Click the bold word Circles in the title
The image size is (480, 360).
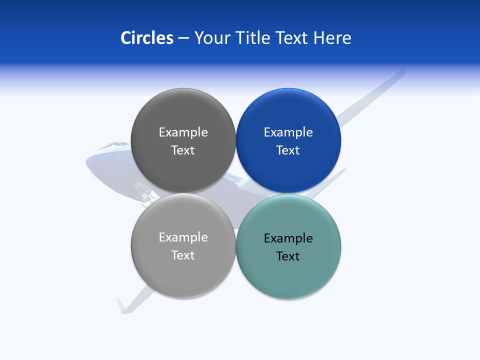tap(146, 38)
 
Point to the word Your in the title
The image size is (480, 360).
tap(211, 38)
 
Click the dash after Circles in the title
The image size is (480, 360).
tap(183, 38)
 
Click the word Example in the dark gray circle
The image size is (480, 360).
tap(183, 132)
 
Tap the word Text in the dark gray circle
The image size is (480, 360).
tap(183, 150)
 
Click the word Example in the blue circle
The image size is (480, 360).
tap(288, 132)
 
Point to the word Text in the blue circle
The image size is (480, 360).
tap(288, 150)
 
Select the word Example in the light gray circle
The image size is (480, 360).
tap(183, 237)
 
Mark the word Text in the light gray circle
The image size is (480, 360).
tap(183, 255)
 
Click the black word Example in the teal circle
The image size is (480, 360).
tap(288, 238)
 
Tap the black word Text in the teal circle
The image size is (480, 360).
tap(288, 256)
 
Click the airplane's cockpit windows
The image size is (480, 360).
tap(113, 145)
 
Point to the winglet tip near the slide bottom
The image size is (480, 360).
tap(121, 305)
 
